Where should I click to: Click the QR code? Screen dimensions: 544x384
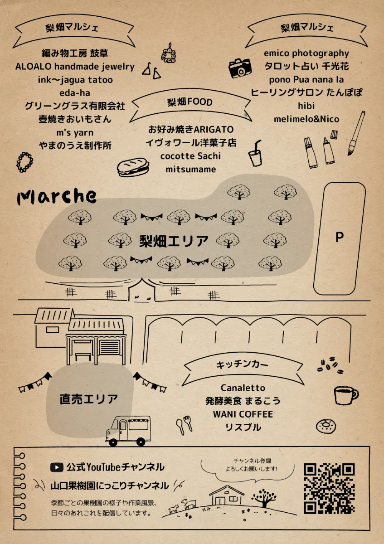point(329,488)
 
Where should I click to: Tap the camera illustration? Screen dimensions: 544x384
point(239,68)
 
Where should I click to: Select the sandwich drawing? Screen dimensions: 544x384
point(133,167)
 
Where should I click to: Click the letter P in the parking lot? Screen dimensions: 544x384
point(339,237)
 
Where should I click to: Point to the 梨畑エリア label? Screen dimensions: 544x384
point(174,241)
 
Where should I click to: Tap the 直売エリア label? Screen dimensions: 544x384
point(89,399)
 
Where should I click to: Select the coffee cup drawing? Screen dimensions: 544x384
point(345,395)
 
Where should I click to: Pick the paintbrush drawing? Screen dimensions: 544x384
point(356,133)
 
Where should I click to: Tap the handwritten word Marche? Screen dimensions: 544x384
point(57,196)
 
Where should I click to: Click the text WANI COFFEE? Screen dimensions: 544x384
point(243,414)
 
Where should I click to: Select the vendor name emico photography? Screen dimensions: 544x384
point(306,53)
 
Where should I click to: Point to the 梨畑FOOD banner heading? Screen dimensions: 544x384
point(190,102)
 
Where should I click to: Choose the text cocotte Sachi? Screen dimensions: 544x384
point(190,156)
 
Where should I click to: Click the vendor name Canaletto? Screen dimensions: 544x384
point(243,388)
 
